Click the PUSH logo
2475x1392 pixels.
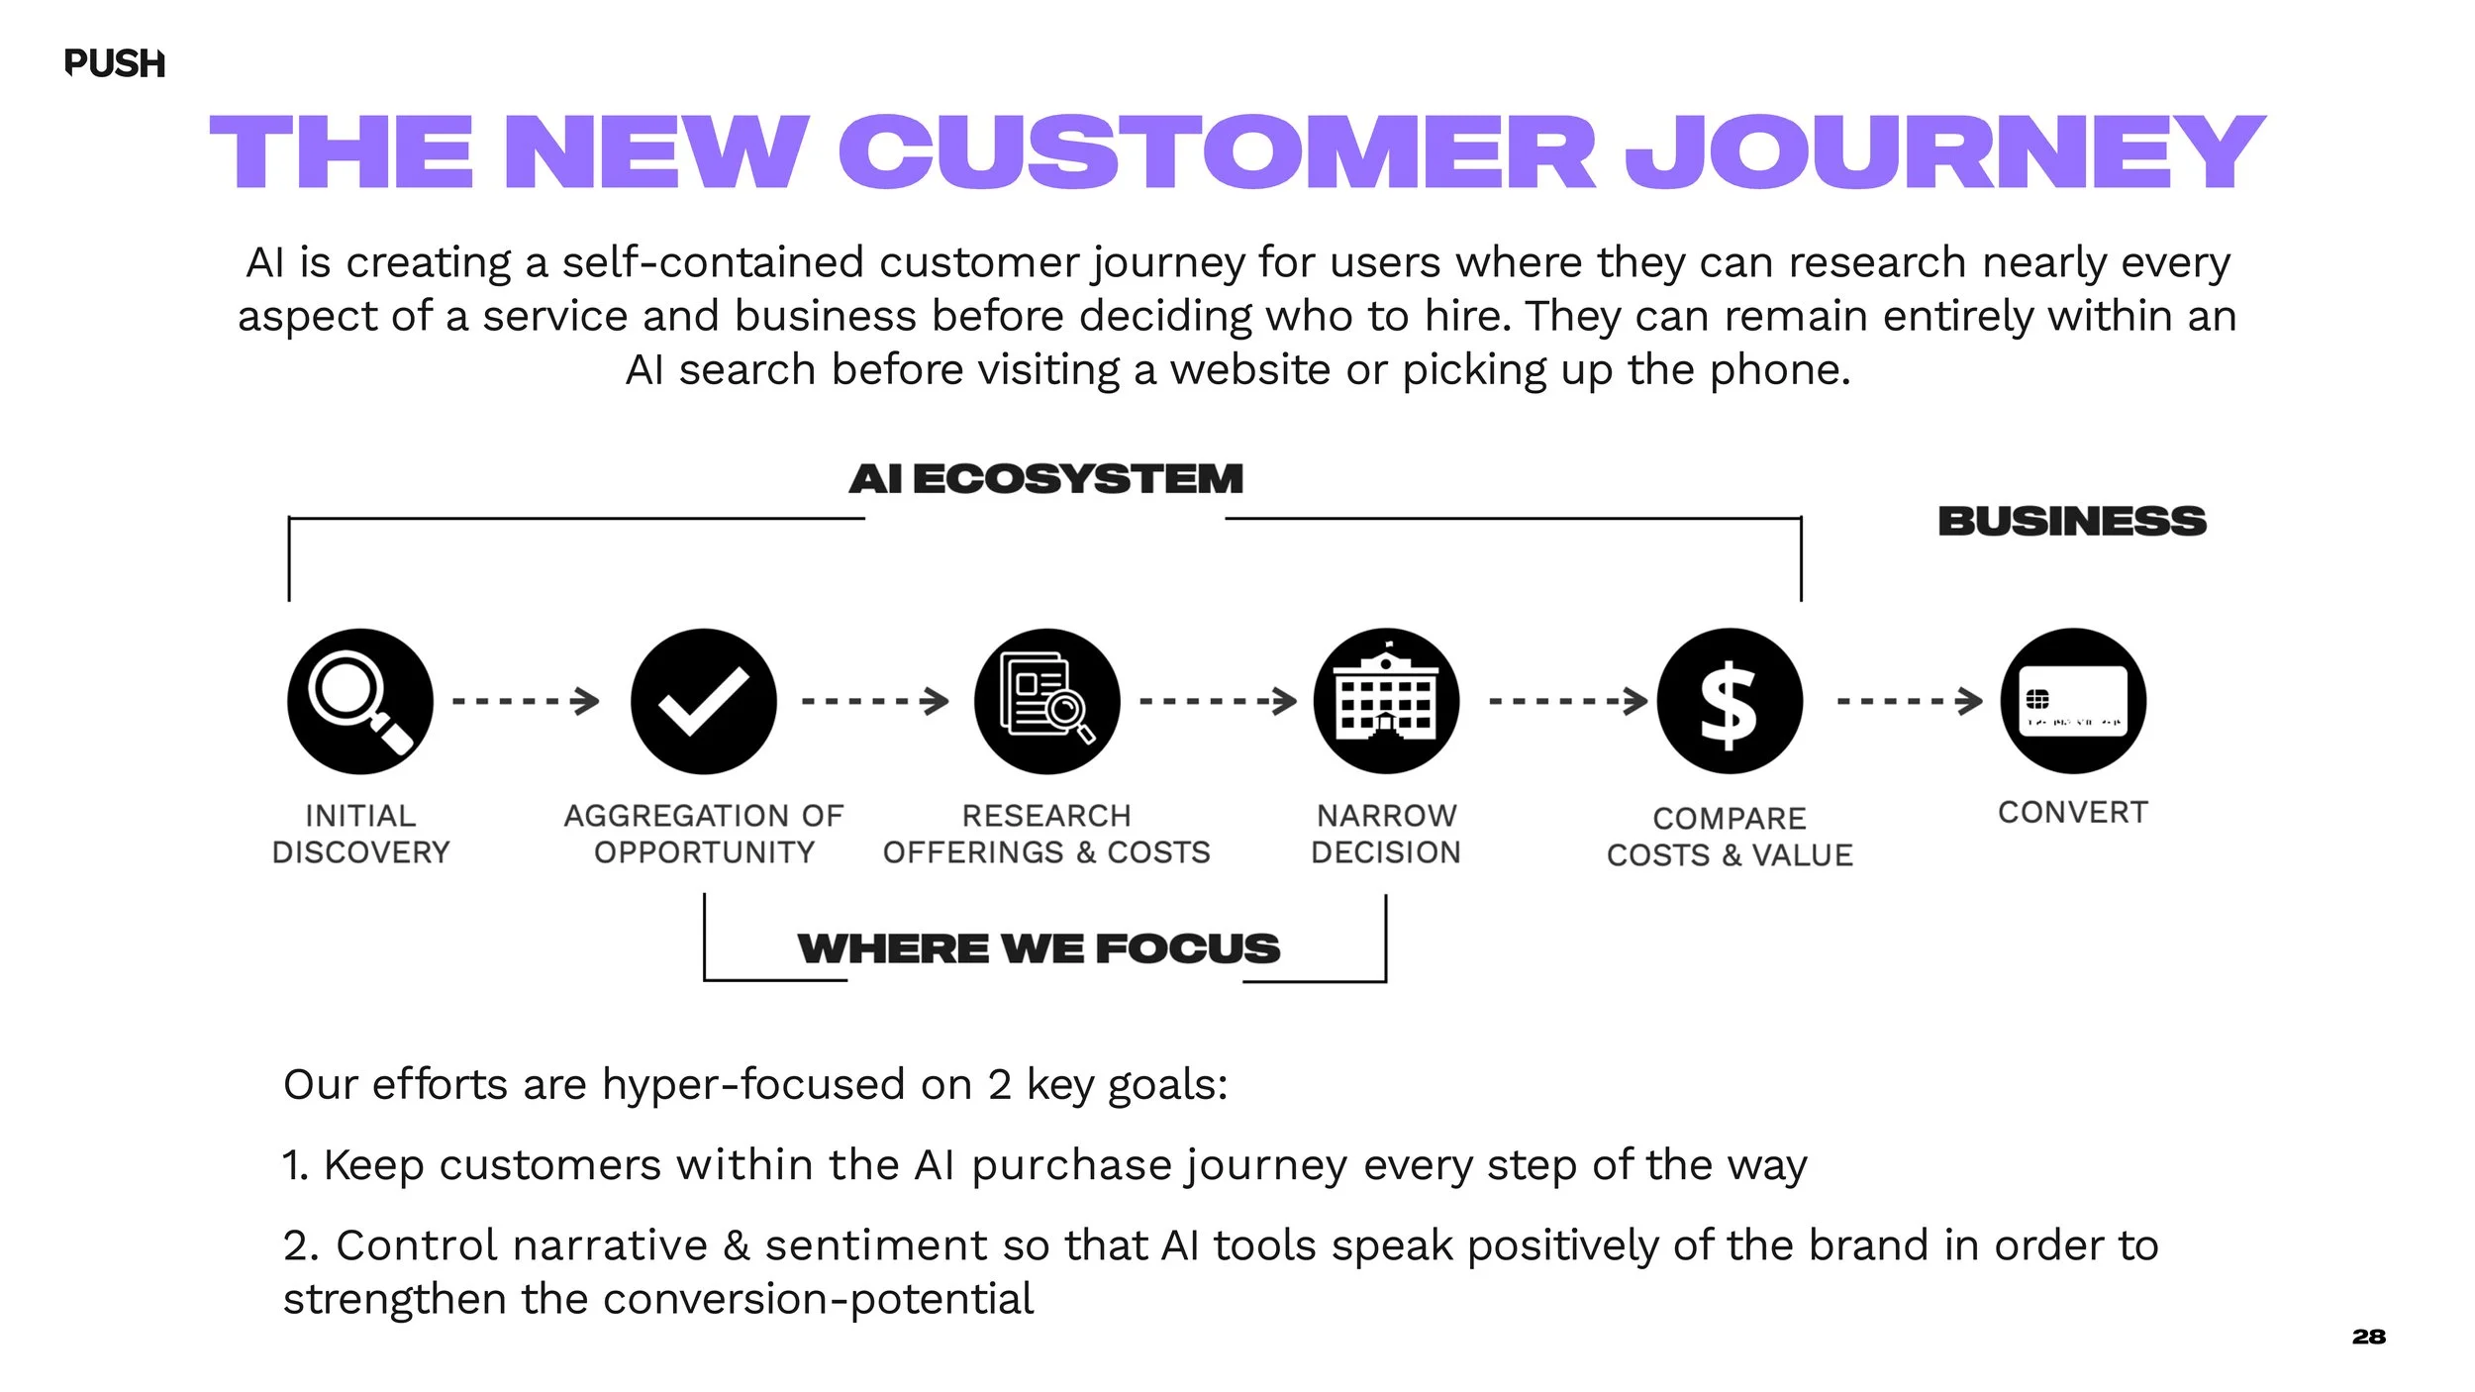114,63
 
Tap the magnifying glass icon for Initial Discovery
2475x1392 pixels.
360,701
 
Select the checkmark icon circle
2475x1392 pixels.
704,701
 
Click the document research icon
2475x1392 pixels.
1046,701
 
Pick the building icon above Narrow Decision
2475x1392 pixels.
1386,701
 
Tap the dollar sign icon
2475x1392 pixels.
1730,701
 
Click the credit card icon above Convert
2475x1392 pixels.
2073,701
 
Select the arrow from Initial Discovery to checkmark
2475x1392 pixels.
526,701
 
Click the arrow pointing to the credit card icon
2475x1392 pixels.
1910,701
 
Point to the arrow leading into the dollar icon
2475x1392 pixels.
1568,701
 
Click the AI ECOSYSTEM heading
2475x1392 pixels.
1045,479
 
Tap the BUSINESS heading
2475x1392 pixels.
2072,522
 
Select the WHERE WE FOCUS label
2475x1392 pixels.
1039,948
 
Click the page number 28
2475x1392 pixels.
2369,1337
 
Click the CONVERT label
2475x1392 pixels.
2073,813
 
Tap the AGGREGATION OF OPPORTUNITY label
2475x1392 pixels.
704,834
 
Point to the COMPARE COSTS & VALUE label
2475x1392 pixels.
1730,837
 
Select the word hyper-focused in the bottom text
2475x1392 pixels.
753,1085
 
